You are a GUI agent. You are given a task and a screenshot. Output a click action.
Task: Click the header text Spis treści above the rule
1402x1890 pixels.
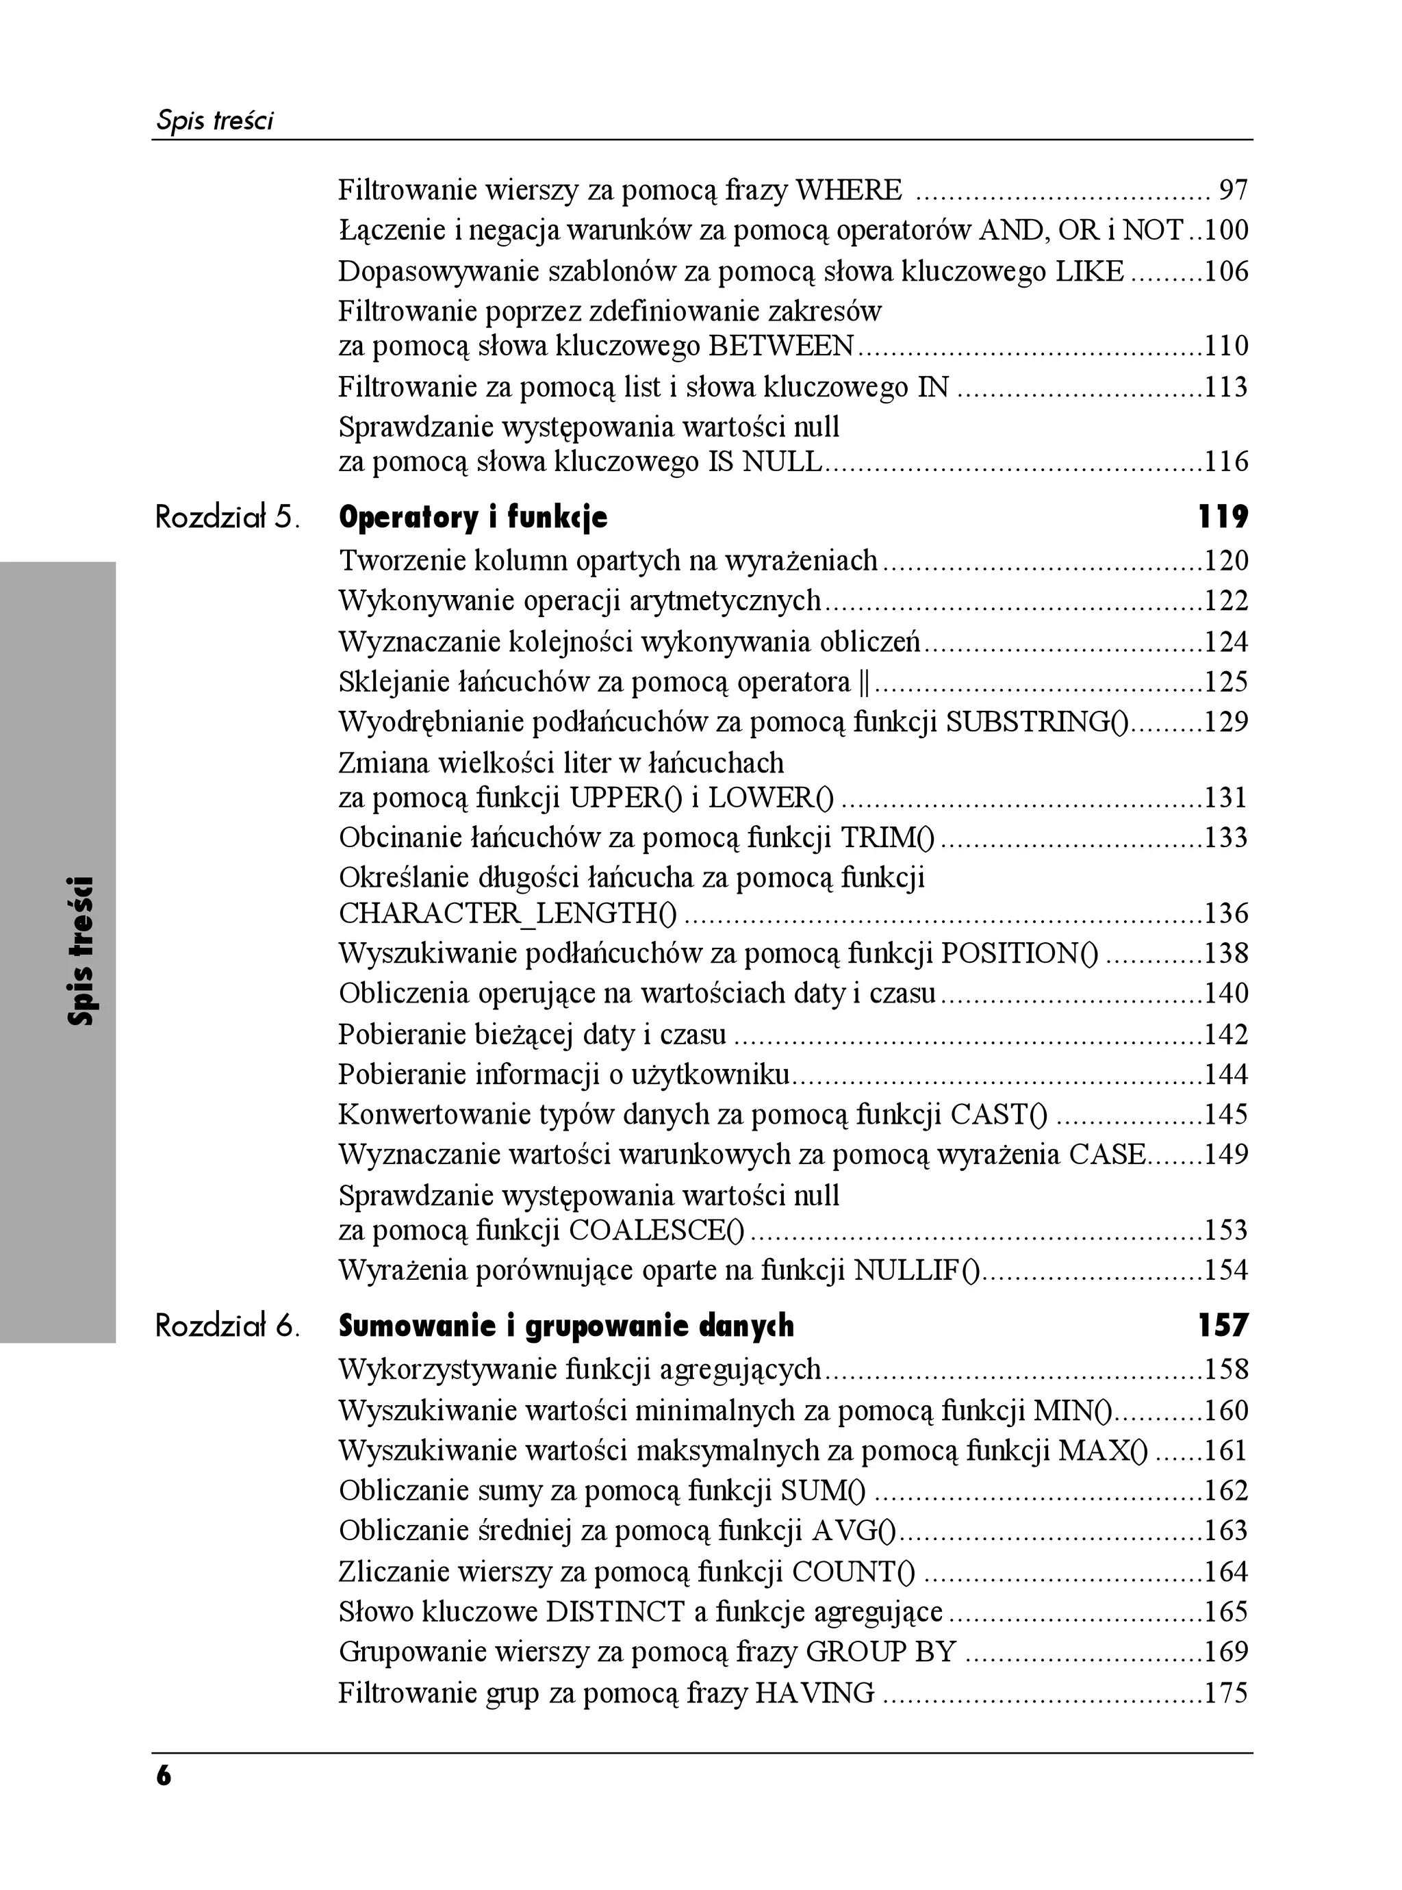pos(215,121)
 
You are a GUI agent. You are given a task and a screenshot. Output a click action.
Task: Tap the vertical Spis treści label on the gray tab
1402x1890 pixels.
pos(82,950)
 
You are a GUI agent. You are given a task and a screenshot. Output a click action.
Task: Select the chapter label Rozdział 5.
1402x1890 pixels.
pos(227,517)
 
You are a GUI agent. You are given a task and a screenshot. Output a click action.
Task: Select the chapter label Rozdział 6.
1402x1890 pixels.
pos(227,1326)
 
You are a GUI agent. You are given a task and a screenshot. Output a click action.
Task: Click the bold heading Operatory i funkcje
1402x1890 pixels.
pos(473,517)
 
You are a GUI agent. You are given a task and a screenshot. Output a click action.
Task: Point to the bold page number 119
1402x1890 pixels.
pos(1222,517)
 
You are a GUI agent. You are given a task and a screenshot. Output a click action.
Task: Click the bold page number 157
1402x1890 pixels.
pos(1222,1326)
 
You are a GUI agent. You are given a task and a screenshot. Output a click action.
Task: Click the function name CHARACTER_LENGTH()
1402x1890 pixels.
pos(507,914)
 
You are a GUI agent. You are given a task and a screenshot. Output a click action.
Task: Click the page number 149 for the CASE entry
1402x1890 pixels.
pos(1226,1154)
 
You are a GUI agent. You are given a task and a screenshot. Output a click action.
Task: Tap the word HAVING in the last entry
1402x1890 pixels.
pos(815,1693)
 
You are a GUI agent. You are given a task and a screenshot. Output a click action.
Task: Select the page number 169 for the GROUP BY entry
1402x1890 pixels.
pos(1226,1652)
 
